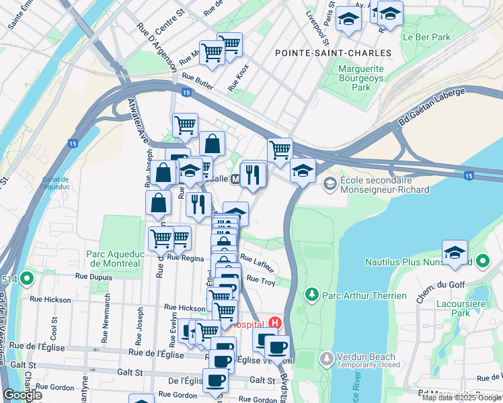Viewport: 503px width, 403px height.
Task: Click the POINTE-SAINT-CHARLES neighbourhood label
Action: coord(333,52)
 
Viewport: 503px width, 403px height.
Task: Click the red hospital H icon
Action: coord(274,323)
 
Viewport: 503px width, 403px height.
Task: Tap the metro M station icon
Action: coord(235,179)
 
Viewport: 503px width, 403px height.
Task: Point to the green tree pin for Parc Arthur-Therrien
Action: coord(311,295)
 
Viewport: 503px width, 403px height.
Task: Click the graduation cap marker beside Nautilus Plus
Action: coord(455,252)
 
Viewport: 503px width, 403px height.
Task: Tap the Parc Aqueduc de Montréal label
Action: coord(113,259)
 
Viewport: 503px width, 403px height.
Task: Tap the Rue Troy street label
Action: coord(260,279)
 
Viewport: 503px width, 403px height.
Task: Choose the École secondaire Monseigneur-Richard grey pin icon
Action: coord(330,183)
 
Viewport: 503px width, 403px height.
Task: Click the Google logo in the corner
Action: coord(22,395)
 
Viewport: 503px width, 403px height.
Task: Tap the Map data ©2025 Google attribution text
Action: coord(461,398)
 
